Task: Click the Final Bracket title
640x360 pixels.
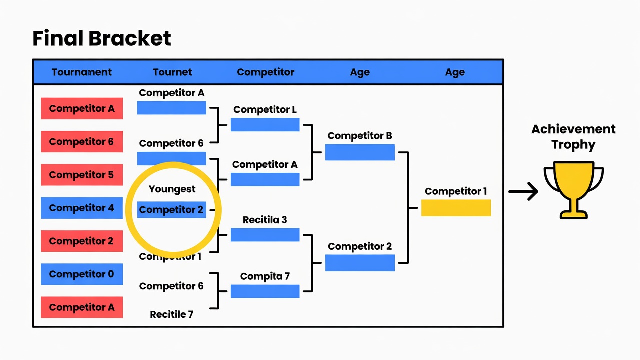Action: [102, 38]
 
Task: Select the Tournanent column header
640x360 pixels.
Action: [81, 72]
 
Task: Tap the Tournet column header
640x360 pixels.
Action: [172, 72]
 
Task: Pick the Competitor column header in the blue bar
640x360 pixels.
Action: [265, 72]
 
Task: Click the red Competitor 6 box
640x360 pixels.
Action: [82, 141]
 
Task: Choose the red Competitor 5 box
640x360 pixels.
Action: [82, 175]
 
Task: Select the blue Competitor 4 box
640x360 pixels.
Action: [82, 208]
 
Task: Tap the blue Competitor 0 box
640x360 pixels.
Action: [82, 274]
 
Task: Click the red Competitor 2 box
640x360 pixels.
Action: [82, 241]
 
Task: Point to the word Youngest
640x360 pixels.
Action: [172, 189]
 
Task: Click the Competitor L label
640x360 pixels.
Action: [265, 109]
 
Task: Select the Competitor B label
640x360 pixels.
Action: [360, 136]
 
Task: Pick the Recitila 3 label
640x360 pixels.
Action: [265, 220]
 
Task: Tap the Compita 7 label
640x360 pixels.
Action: [265, 276]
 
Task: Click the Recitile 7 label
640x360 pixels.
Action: [171, 314]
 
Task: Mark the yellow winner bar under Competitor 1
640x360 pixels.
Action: [456, 208]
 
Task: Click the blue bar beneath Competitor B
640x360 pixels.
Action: [360, 152]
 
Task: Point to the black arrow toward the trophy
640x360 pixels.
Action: [523, 191]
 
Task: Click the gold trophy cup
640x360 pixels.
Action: [573, 190]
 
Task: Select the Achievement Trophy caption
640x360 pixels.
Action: [573, 137]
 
